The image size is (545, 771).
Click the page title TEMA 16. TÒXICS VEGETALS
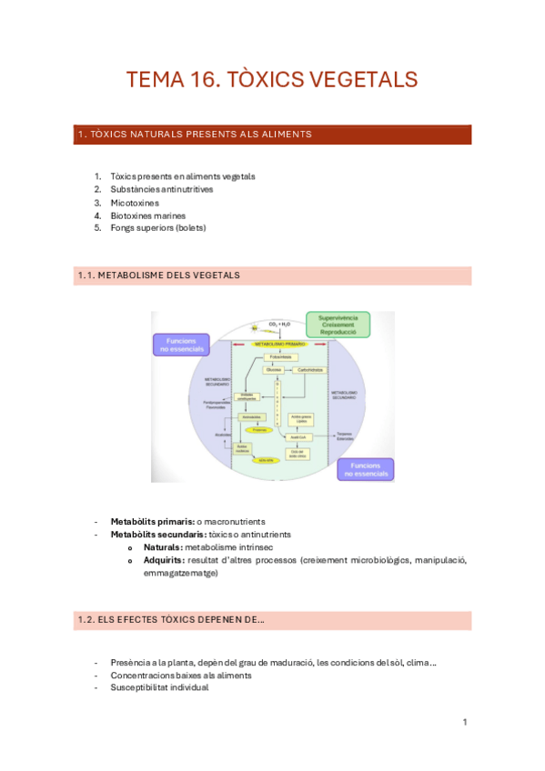tap(272, 79)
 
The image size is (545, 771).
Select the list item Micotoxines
tap(134, 203)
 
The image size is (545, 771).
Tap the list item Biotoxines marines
tap(147, 215)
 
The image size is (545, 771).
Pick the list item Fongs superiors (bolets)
tap(157, 228)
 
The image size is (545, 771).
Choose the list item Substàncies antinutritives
tap(161, 189)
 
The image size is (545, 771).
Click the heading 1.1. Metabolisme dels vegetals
tap(159, 275)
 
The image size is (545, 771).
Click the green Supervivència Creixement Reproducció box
tap(338, 325)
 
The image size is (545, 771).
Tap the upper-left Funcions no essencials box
tap(180, 345)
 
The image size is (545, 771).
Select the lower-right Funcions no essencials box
tap(365, 468)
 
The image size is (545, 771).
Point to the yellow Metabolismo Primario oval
tap(280, 345)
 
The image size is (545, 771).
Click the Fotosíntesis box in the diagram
tap(280, 357)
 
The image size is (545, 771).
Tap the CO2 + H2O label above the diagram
tap(279, 323)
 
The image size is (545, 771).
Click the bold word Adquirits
tap(163, 560)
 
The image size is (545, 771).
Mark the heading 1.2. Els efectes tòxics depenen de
tap(171, 620)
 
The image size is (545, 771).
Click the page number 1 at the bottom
tap(465, 722)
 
